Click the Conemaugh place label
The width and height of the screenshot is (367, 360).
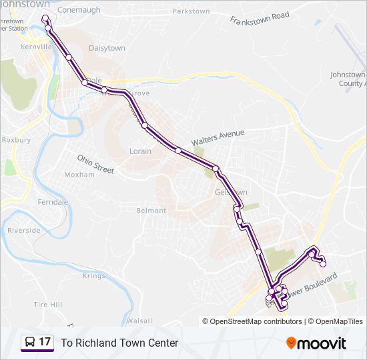(79, 10)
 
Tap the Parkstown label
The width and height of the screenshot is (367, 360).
(191, 11)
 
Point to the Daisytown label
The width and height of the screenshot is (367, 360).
(107, 49)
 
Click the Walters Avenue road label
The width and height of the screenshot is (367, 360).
(218, 138)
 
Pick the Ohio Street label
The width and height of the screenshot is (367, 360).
(95, 164)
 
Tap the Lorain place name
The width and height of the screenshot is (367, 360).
(140, 151)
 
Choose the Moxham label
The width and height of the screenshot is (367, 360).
(79, 175)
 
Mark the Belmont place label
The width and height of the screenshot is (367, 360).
(151, 211)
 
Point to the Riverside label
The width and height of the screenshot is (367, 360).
(24, 231)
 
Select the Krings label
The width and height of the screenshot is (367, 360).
(94, 276)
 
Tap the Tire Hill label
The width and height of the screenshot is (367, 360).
(47, 305)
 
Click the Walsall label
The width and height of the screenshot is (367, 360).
(139, 321)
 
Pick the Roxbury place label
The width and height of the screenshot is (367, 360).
(17, 141)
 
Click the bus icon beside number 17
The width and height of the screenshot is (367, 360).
(30, 343)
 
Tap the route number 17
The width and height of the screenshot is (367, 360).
(45, 342)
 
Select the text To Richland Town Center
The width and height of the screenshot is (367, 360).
(119, 343)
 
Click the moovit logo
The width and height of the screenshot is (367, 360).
(316, 343)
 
